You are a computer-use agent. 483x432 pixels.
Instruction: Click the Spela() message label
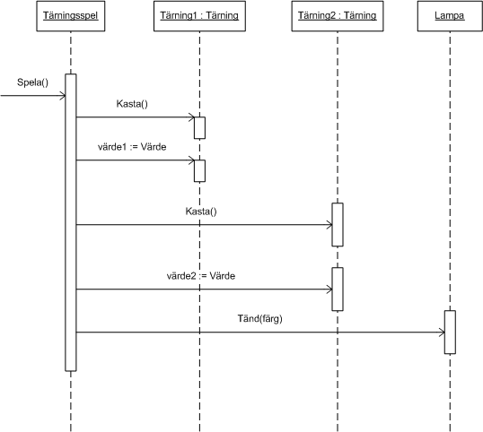32,82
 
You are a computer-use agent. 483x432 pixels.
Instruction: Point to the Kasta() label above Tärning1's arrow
132,104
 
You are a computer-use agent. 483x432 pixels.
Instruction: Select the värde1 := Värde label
132,147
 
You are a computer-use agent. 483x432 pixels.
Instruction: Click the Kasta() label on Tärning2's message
201,212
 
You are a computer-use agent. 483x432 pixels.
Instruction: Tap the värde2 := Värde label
201,276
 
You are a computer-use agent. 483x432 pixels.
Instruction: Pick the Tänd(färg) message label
260,319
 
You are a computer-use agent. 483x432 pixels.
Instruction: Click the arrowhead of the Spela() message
65,96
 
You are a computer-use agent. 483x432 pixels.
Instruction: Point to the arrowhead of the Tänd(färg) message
443,333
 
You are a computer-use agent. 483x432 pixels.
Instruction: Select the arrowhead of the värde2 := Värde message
331,289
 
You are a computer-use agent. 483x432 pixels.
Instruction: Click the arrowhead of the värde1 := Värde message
194,160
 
